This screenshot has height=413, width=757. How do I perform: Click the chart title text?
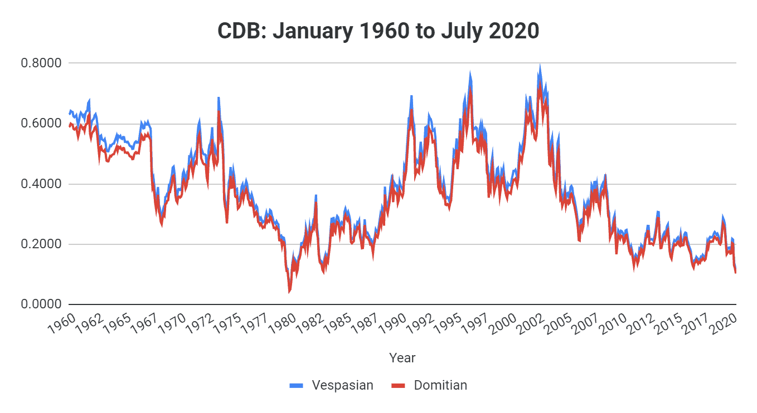pos(378,31)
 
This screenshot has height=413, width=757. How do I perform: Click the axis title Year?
pos(402,357)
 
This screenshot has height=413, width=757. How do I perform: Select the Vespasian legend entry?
pos(342,385)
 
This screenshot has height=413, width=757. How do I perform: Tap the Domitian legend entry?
pos(440,385)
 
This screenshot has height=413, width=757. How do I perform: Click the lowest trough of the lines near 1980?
pos(289,292)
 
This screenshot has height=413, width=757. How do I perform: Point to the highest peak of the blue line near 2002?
pos(540,65)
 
